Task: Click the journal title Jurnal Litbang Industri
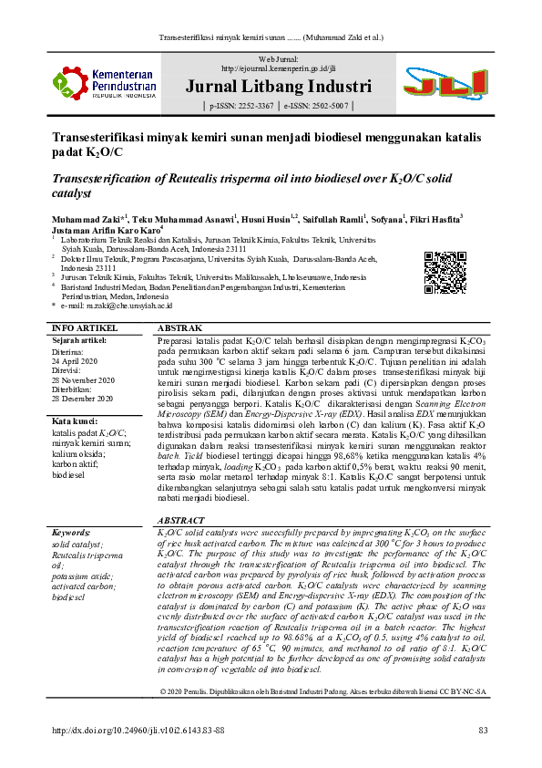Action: coord(277,88)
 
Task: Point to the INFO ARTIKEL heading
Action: coord(85,327)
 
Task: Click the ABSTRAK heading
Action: coord(180,327)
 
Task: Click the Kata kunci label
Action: coord(75,420)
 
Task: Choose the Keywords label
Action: coord(72,531)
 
